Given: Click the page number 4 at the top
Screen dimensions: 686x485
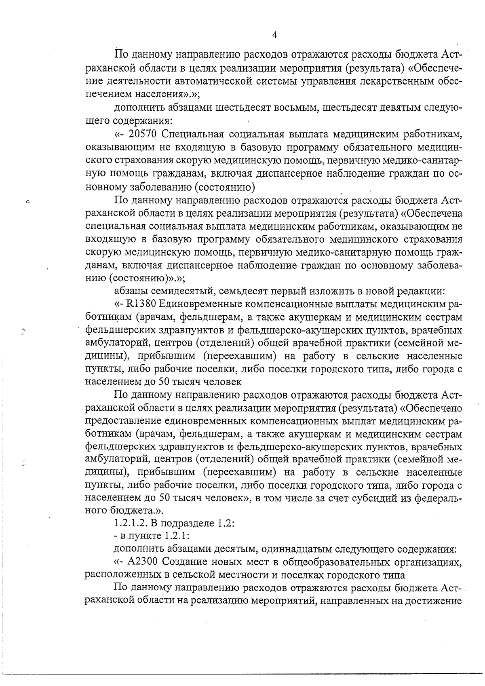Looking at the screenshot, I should [x=274, y=35].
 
